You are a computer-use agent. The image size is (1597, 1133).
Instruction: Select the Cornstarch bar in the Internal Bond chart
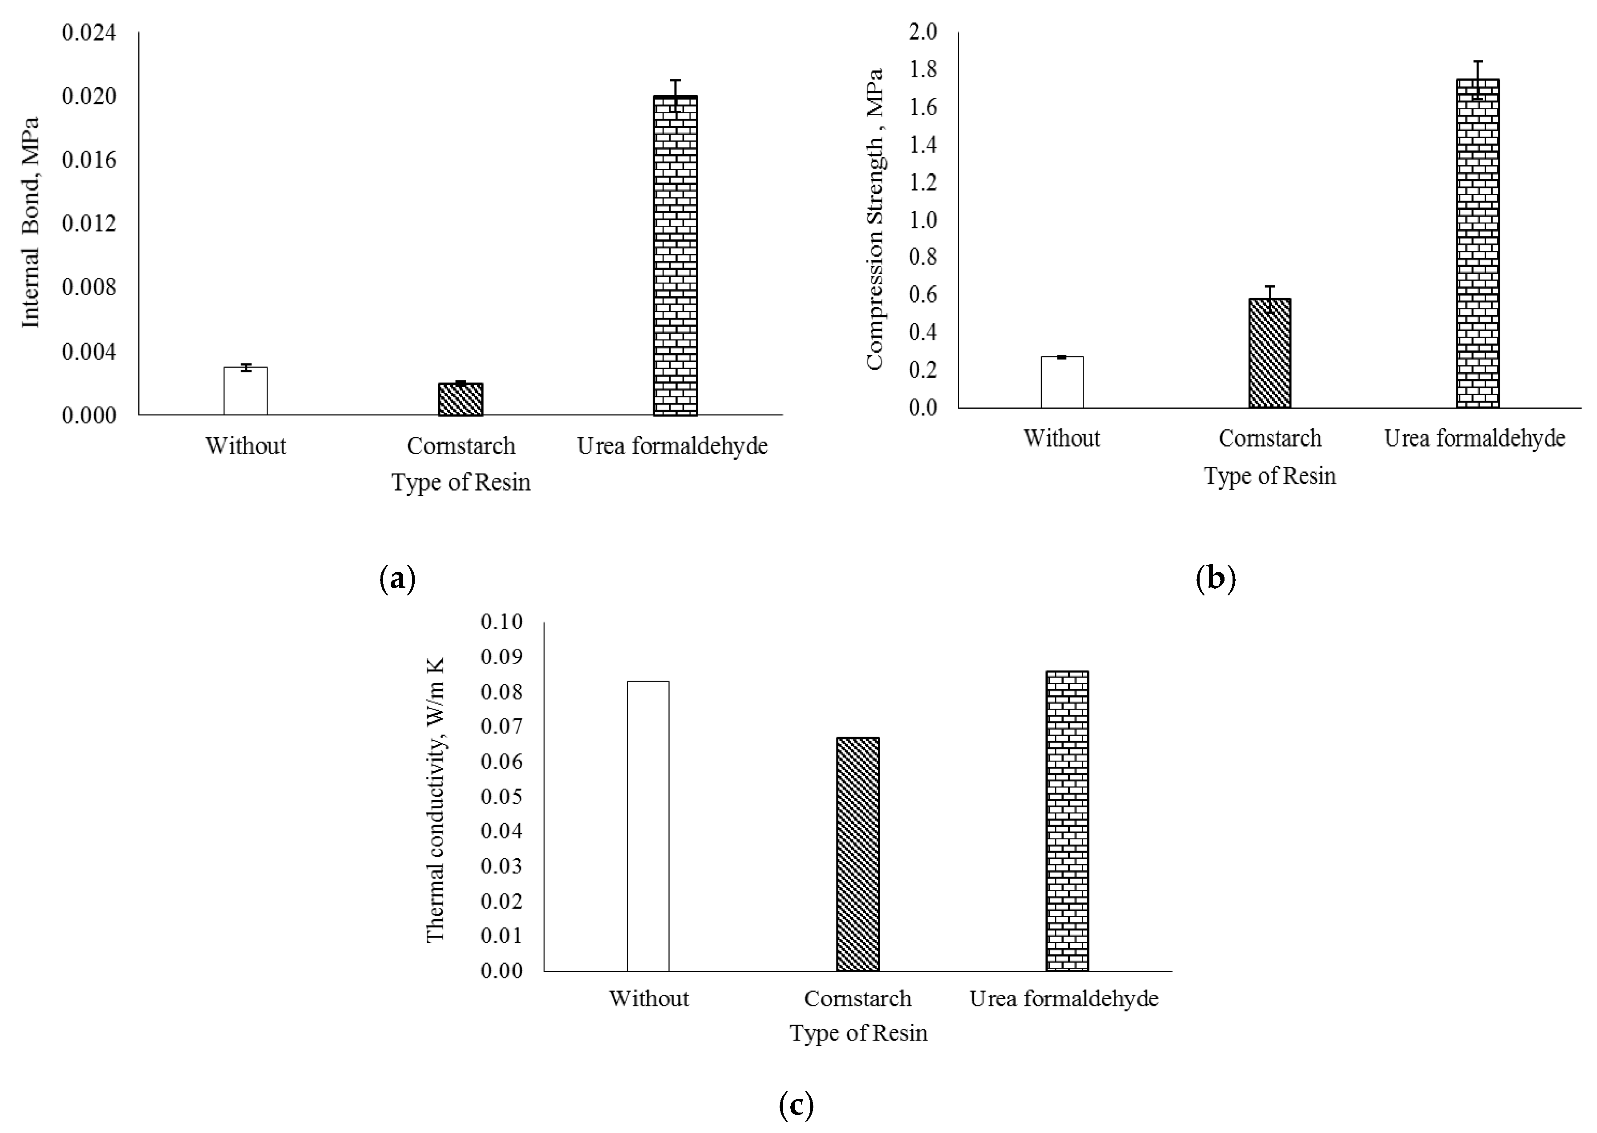point(460,399)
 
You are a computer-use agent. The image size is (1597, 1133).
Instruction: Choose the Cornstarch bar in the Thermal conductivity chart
point(858,854)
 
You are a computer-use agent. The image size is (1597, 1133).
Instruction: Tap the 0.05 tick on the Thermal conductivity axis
point(501,796)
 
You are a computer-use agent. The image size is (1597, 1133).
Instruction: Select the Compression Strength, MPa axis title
point(875,218)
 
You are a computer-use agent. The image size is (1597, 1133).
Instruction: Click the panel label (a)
point(398,579)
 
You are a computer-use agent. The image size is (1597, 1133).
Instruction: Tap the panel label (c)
point(796,1105)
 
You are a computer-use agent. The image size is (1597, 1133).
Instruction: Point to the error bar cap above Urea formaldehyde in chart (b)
point(1477,61)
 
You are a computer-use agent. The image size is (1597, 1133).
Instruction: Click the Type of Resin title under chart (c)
point(859,1033)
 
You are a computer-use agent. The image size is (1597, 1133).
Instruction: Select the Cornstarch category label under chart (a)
point(460,446)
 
